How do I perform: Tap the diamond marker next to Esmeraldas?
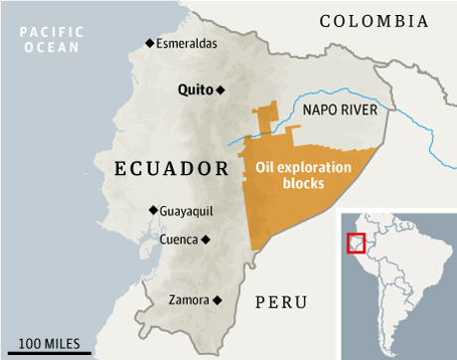(x=150, y=42)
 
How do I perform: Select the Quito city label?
(x=195, y=90)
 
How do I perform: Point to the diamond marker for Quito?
(x=222, y=90)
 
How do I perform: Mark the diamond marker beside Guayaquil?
(x=152, y=210)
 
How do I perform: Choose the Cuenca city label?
(x=178, y=239)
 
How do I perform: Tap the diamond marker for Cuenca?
(x=207, y=240)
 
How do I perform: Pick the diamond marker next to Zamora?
(x=216, y=299)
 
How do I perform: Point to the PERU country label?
(x=281, y=302)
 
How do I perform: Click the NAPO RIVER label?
(x=339, y=112)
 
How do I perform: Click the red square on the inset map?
(x=356, y=243)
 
